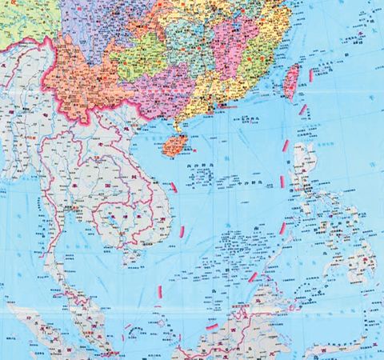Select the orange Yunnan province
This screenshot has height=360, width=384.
[x=80, y=80]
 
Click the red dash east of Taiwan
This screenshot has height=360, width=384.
[x=310, y=75]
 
